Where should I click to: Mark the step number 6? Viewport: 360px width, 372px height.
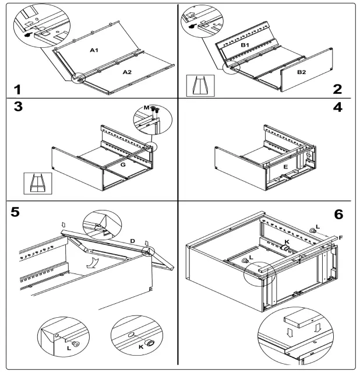point(338,214)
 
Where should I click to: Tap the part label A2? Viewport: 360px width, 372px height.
point(127,72)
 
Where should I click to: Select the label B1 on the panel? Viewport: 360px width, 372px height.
point(245,45)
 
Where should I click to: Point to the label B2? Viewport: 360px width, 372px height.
point(302,72)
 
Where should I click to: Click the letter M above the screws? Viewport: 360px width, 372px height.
point(147,108)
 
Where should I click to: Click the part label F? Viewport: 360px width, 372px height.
point(341,237)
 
